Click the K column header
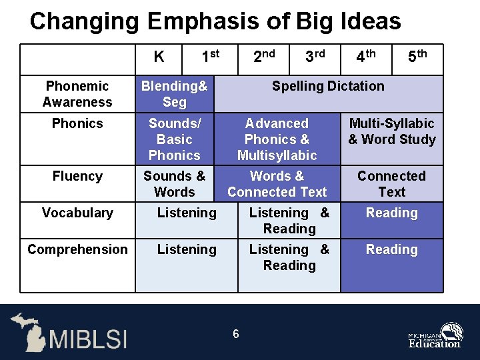pyautogui.click(x=159, y=57)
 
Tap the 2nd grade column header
pyautogui.click(x=264, y=57)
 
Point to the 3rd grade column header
pyautogui.click(x=315, y=57)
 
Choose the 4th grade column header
pyautogui.click(x=366, y=57)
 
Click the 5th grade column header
pyautogui.click(x=417, y=57)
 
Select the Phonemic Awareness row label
pyautogui.click(x=77, y=94)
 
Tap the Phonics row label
pyautogui.click(x=77, y=123)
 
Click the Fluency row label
pyautogui.click(x=77, y=176)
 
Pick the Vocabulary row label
pyautogui.click(x=77, y=213)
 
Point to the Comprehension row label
pyautogui.click(x=77, y=249)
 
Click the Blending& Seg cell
pyautogui.click(x=175, y=94)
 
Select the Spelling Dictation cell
pyautogui.click(x=328, y=86)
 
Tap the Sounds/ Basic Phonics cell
pyautogui.click(x=175, y=139)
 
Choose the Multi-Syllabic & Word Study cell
pyautogui.click(x=391, y=131)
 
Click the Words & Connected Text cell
pyautogui.click(x=277, y=184)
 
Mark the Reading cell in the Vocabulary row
pyautogui.click(x=391, y=213)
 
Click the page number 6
pyautogui.click(x=236, y=333)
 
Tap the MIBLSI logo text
pyautogui.click(x=87, y=339)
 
